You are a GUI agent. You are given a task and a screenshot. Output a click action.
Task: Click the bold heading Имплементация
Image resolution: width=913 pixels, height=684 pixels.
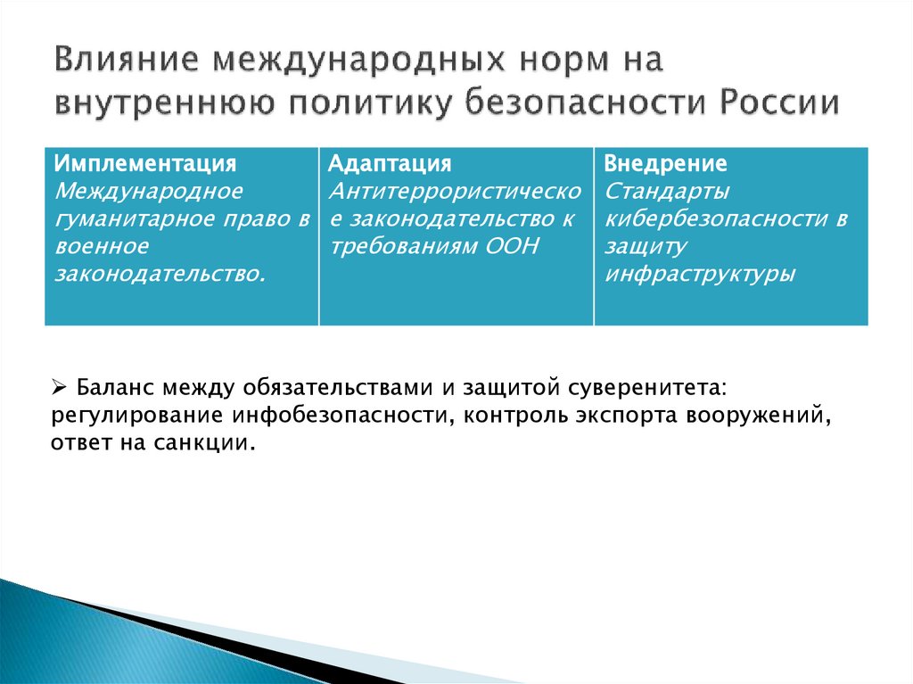[x=145, y=164]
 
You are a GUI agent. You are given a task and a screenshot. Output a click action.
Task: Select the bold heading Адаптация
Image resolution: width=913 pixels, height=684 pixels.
[x=390, y=164]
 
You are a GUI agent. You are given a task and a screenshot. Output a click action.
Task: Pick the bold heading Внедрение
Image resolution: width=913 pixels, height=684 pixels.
[x=665, y=164]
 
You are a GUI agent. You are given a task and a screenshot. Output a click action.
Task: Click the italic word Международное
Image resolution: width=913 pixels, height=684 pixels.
[x=149, y=191]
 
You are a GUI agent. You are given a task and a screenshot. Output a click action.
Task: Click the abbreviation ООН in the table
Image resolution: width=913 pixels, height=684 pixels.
[x=514, y=246]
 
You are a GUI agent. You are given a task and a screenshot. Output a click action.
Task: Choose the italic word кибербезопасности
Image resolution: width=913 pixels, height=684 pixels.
[x=712, y=218]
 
